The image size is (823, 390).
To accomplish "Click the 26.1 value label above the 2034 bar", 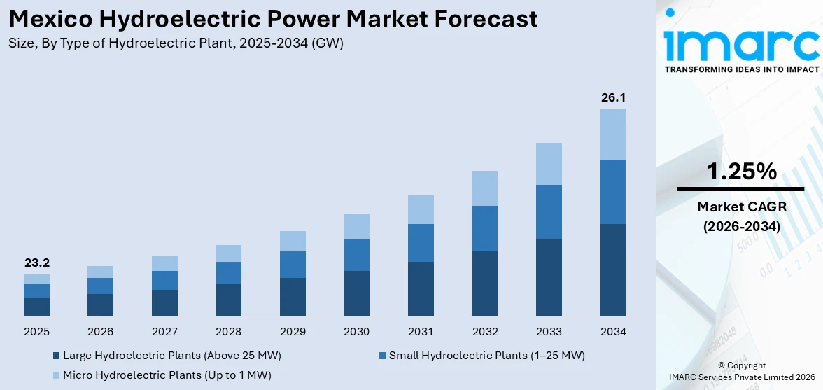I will (x=612, y=97).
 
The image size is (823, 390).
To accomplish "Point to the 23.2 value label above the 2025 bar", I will (x=36, y=263).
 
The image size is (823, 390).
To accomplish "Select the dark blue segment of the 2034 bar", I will (x=612, y=270).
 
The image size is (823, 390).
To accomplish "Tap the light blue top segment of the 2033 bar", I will (x=549, y=164).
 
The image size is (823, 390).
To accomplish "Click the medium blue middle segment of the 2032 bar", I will (x=484, y=228).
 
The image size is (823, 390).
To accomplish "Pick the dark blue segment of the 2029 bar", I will (x=293, y=297).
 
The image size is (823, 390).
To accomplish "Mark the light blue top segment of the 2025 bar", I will (x=36, y=279).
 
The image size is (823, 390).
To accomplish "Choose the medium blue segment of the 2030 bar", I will (x=356, y=255).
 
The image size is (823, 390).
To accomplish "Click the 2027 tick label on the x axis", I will (x=164, y=331).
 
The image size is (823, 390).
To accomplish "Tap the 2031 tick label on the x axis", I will (x=421, y=331).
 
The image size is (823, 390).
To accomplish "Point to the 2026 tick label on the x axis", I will (x=100, y=331).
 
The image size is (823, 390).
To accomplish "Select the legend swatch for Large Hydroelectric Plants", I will (x=56, y=356).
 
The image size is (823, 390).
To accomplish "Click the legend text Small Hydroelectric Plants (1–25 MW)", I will (x=486, y=356).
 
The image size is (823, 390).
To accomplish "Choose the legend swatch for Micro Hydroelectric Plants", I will (x=56, y=375).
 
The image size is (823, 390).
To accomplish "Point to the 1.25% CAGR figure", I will (x=740, y=172).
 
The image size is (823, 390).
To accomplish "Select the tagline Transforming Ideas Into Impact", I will (x=740, y=69).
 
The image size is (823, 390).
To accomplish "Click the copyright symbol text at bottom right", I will (x=742, y=365).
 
